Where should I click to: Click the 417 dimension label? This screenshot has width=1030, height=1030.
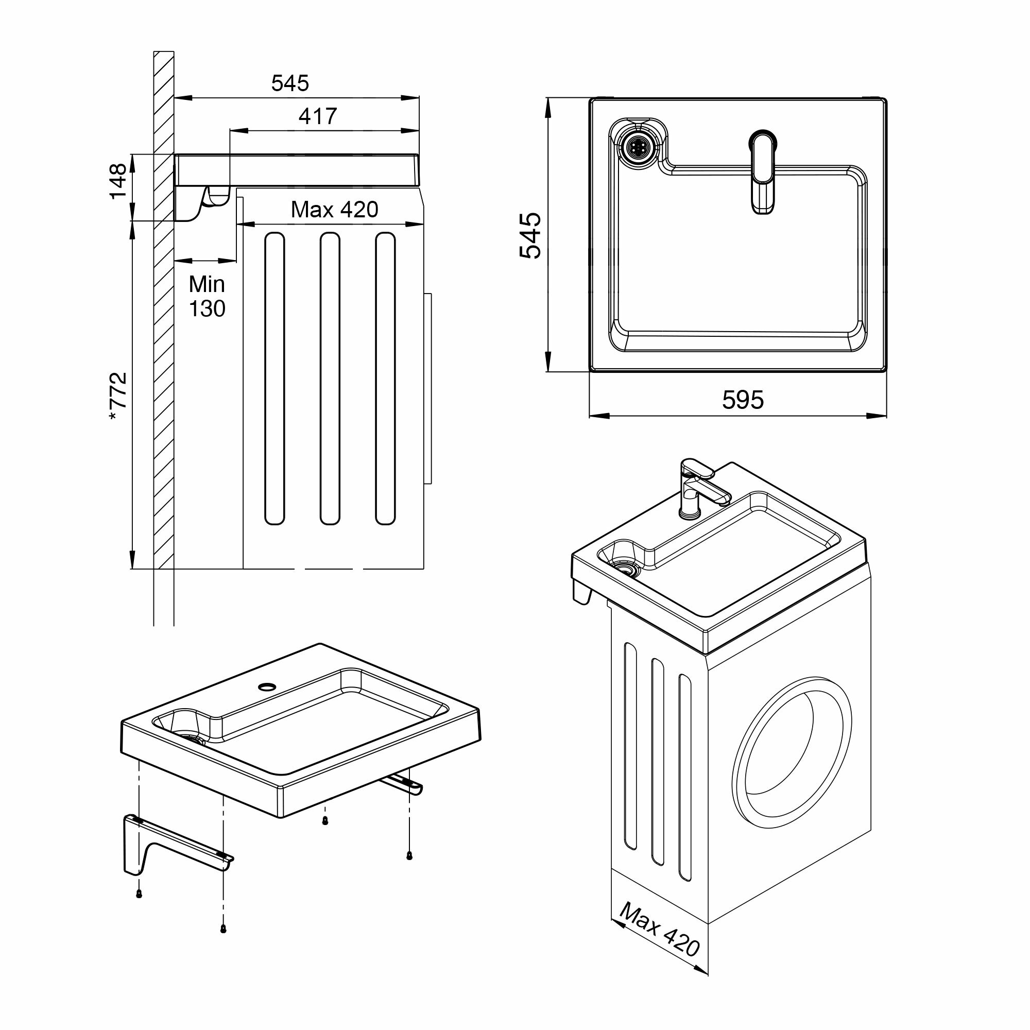317,116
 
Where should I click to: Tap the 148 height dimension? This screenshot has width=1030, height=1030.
118,181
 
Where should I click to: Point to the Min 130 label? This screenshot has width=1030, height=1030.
207,297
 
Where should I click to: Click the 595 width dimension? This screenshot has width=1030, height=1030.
743,400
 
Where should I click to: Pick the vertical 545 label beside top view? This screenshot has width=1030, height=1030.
531,235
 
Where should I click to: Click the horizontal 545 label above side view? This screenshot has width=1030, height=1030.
289,83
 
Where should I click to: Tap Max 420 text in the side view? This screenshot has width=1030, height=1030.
334,210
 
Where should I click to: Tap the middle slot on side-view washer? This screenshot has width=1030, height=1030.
330,379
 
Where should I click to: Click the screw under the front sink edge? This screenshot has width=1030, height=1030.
325,821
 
